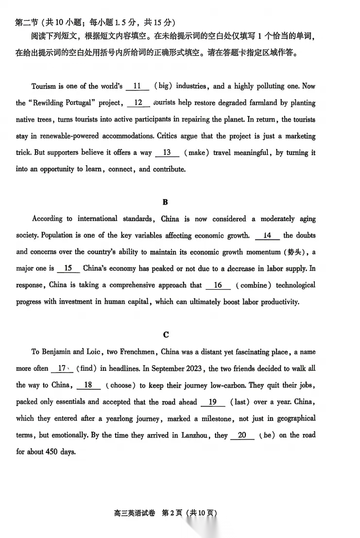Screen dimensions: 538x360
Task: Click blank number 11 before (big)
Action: [x=137, y=87]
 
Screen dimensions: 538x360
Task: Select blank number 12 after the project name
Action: [x=138, y=103]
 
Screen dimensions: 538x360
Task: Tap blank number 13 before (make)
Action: [x=167, y=153]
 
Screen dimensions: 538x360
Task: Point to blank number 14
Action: [x=267, y=236]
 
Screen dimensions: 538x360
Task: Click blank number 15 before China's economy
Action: [x=68, y=269]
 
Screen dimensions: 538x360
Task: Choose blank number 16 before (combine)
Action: [x=218, y=285]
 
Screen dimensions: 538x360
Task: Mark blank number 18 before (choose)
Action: [x=88, y=385]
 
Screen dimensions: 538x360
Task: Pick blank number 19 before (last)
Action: [x=212, y=402]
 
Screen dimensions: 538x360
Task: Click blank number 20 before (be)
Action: [x=242, y=435]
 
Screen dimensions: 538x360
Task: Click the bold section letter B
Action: [x=165, y=202]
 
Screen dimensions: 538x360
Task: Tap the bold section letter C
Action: [x=166, y=334]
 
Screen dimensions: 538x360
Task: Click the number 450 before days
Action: [x=50, y=452]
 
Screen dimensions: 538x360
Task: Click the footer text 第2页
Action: [x=174, y=513]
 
